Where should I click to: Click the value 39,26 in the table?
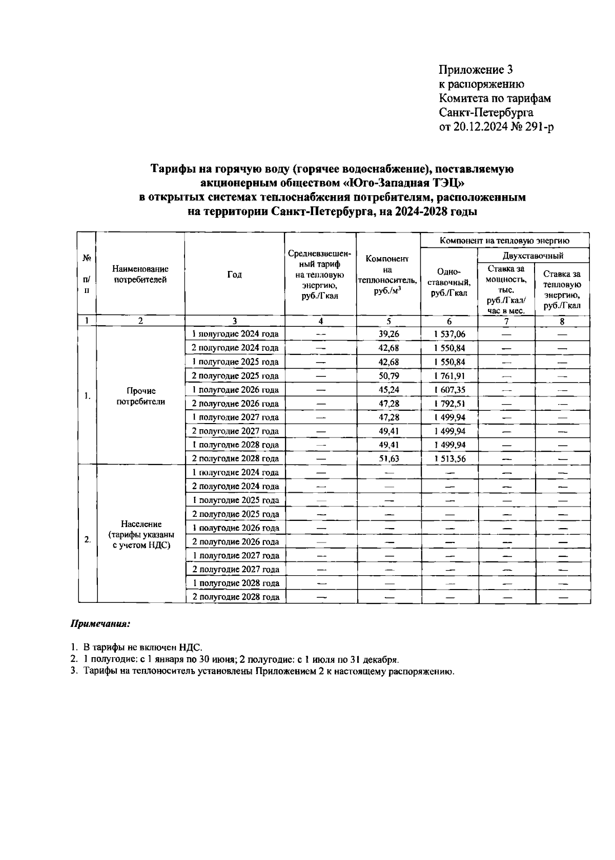pyautogui.click(x=388, y=334)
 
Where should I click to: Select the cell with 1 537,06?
pyautogui.click(x=449, y=334)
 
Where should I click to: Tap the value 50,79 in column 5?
pyautogui.click(x=388, y=375)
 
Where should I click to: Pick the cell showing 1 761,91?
pyautogui.click(x=449, y=375)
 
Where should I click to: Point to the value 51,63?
pyautogui.click(x=388, y=458)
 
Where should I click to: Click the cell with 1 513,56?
pyautogui.click(x=449, y=458)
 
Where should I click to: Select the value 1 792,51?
pyautogui.click(x=449, y=403)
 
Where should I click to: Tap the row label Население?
pyautogui.click(x=141, y=524)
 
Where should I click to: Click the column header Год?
pyautogui.click(x=234, y=275)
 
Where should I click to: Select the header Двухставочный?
pyautogui.click(x=533, y=256)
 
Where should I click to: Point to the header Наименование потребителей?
pyautogui.click(x=140, y=274)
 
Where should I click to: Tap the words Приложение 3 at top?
pyautogui.click(x=476, y=70)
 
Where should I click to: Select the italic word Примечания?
pyautogui.click(x=100, y=624)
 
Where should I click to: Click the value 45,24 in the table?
pyautogui.click(x=388, y=389)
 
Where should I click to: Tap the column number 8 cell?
pyautogui.click(x=562, y=321)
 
